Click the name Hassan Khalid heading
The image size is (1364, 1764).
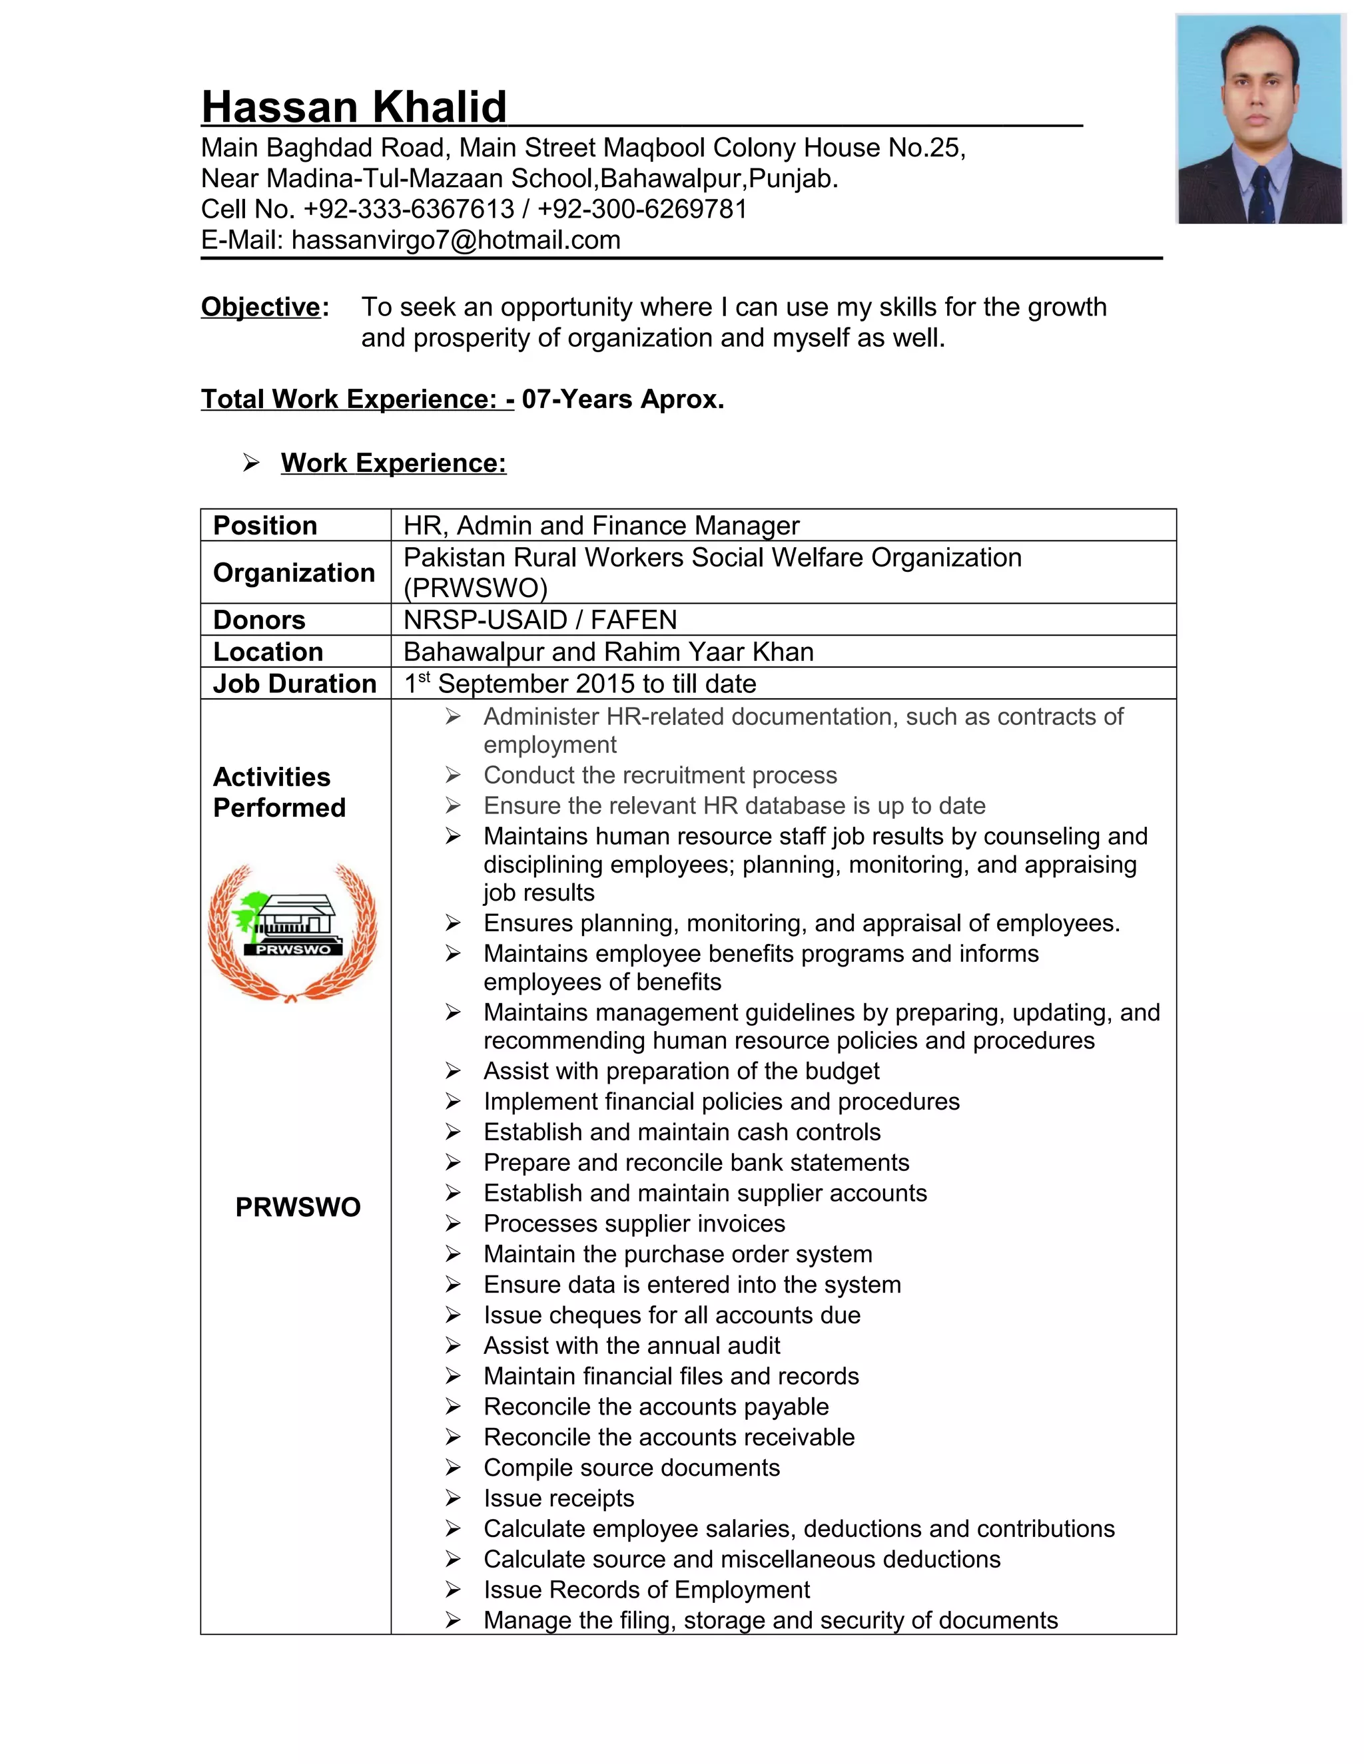coord(354,107)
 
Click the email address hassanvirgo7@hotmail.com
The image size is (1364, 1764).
coord(456,240)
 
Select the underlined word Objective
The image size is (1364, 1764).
coord(260,307)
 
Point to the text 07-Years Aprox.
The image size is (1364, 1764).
coord(622,399)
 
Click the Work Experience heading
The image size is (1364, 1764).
coord(394,463)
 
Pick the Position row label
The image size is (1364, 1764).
coord(265,526)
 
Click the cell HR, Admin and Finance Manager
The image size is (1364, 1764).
coord(601,526)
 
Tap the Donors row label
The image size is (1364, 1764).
coord(259,620)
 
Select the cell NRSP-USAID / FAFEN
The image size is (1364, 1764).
coord(539,620)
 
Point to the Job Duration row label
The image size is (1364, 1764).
coord(294,684)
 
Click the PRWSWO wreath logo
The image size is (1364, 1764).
coord(292,933)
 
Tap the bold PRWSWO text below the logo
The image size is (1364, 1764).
coord(297,1207)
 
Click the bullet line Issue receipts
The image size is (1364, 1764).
coord(558,1498)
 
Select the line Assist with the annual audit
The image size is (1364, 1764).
coord(631,1345)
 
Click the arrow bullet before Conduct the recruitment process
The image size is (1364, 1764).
coord(452,775)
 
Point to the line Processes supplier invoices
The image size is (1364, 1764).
coord(633,1223)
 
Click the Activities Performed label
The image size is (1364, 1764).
coord(279,792)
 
